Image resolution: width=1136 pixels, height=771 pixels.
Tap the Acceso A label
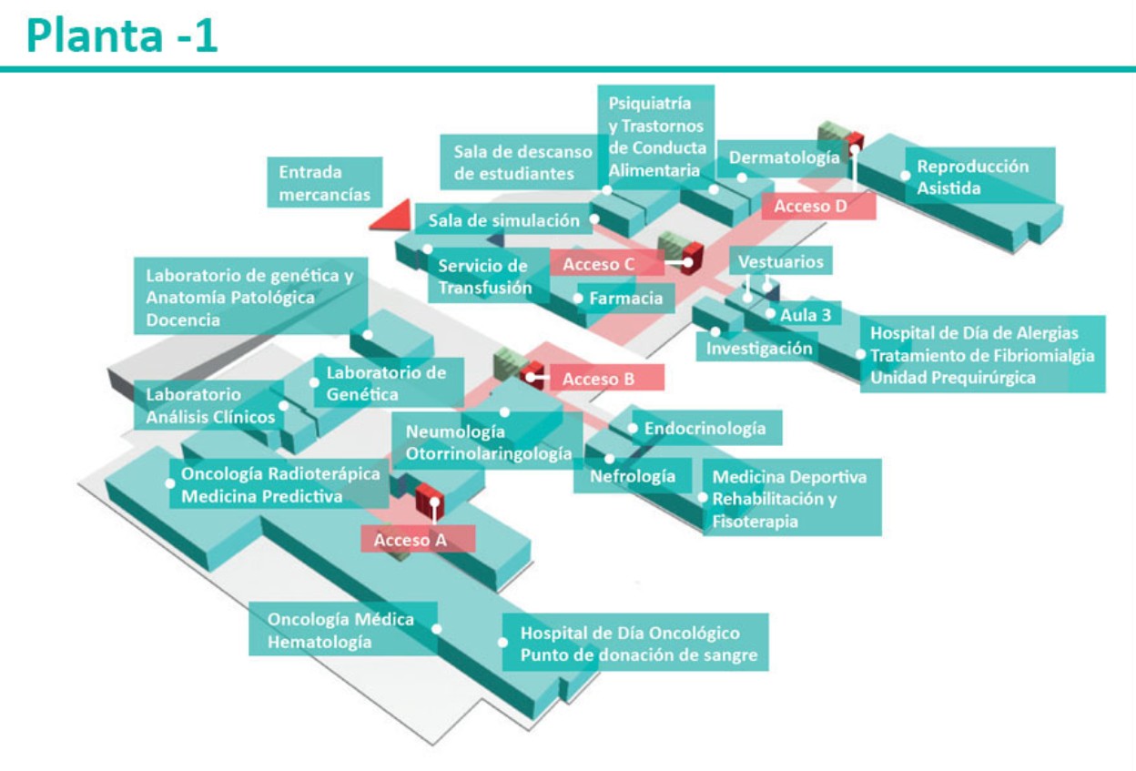click(x=411, y=540)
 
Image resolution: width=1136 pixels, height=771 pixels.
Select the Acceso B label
click(x=598, y=379)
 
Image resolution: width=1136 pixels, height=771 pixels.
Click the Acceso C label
click(x=598, y=264)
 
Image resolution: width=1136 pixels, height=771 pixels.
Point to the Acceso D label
click(x=810, y=207)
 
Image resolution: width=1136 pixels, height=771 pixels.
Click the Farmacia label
click(x=626, y=298)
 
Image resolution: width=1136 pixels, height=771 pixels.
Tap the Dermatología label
click(x=784, y=157)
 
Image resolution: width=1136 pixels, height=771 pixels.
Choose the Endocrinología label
click(x=705, y=428)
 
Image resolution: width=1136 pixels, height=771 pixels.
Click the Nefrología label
click(x=633, y=476)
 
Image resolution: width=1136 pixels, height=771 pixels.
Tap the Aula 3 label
click(x=805, y=315)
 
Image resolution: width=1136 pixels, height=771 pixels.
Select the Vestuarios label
click(x=780, y=262)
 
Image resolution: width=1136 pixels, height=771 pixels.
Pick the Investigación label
click(x=759, y=348)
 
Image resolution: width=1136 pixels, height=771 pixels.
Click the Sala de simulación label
click(x=503, y=220)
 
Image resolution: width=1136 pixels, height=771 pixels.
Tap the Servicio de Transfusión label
click(x=483, y=277)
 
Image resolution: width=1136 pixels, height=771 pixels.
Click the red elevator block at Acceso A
click(x=428, y=500)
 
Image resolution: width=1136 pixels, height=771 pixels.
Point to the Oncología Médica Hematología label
click(x=340, y=630)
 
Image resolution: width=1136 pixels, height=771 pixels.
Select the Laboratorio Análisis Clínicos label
click(x=210, y=406)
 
